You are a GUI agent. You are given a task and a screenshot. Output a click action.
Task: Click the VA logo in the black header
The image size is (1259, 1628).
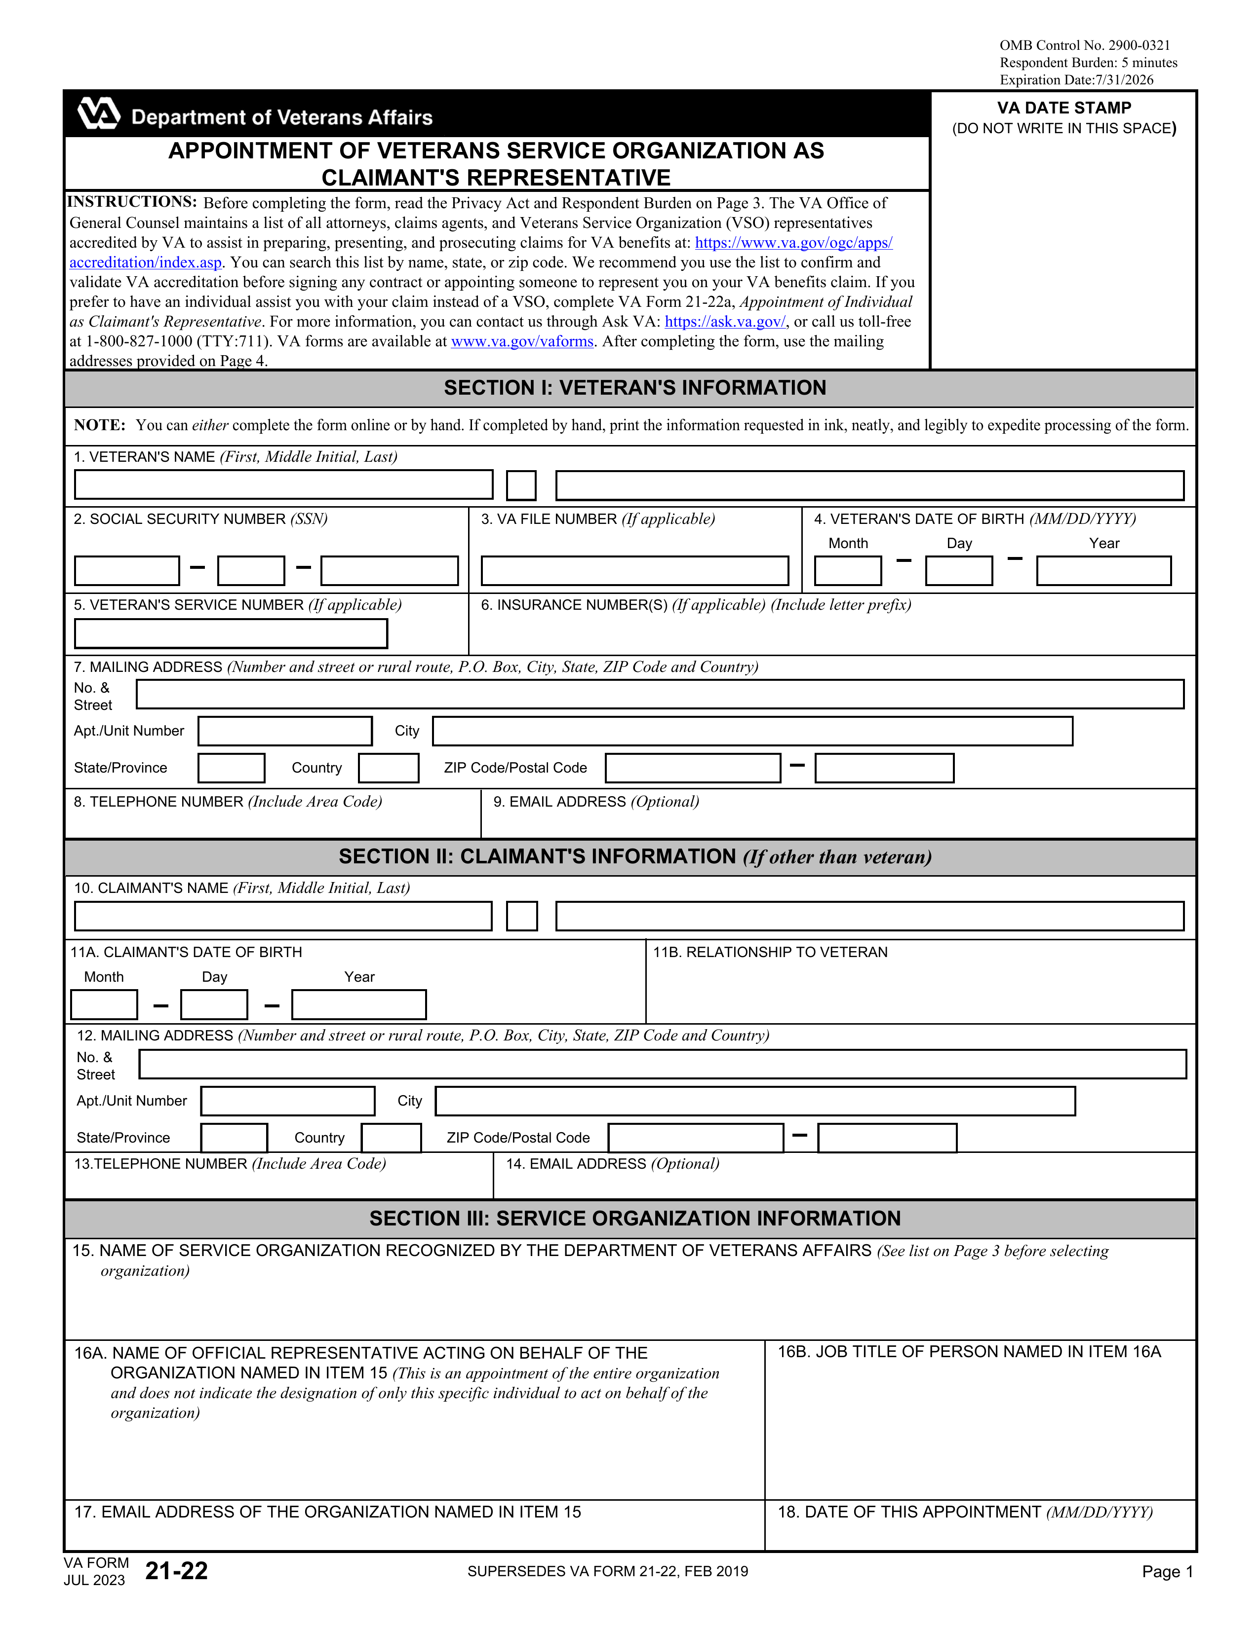point(98,113)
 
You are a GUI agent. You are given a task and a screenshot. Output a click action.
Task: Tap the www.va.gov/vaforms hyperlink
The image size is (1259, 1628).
point(522,341)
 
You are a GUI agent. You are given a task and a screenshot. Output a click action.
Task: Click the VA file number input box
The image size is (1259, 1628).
point(635,571)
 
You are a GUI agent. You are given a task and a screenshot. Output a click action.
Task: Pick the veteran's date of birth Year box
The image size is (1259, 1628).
point(1103,571)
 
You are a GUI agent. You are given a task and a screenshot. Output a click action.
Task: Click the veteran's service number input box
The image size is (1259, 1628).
point(231,633)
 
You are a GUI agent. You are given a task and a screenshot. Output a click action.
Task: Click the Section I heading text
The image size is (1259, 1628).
point(635,388)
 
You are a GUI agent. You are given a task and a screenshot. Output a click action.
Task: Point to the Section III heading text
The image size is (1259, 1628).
point(635,1218)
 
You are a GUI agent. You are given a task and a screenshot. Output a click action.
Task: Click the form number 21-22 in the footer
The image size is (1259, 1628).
point(177,1571)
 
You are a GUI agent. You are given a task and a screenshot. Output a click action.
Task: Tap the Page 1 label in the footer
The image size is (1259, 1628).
point(1167,1571)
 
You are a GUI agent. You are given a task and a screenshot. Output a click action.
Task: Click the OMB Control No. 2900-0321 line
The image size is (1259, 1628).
point(1085,45)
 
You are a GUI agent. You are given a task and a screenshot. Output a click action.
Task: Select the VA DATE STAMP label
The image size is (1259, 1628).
point(1063,108)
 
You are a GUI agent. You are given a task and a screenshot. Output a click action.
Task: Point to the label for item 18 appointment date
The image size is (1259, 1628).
point(964,1512)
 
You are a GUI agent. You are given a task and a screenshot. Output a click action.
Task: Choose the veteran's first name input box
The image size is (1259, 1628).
point(283,485)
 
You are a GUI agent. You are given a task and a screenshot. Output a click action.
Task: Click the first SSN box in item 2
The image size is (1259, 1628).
point(127,571)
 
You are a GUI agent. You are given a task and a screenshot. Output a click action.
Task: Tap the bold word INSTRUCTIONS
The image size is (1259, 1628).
point(132,202)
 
